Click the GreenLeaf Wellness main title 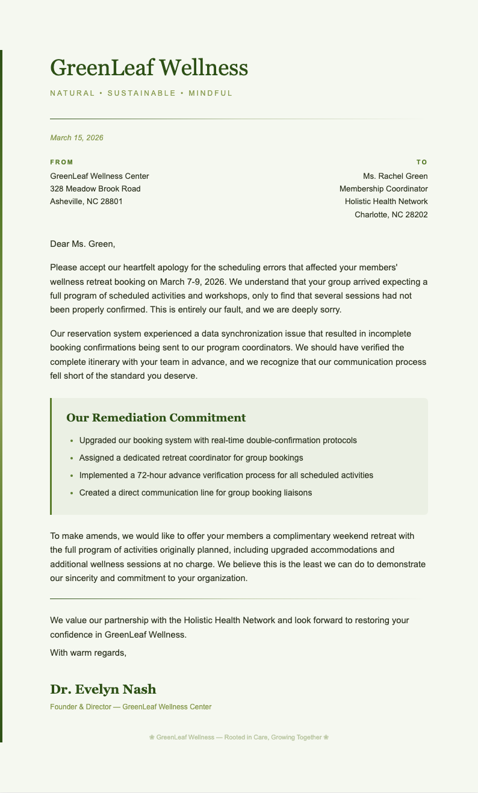[x=149, y=67]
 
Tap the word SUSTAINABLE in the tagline [x=141, y=93]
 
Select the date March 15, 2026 [x=76, y=138]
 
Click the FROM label [x=61, y=162]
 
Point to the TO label [x=421, y=162]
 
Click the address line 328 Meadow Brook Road [x=95, y=188]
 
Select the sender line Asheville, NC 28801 [x=86, y=201]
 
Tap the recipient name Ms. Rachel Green [x=395, y=176]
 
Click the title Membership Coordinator [x=383, y=188]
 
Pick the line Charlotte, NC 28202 [x=391, y=214]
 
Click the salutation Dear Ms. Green [x=82, y=244]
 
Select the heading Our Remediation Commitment [x=156, y=418]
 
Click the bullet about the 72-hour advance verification [x=226, y=475]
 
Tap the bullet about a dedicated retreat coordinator [x=191, y=458]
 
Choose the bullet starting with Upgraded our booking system [x=217, y=440]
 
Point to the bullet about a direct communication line [x=195, y=493]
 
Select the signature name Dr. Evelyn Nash [x=103, y=689]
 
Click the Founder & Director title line [x=131, y=707]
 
